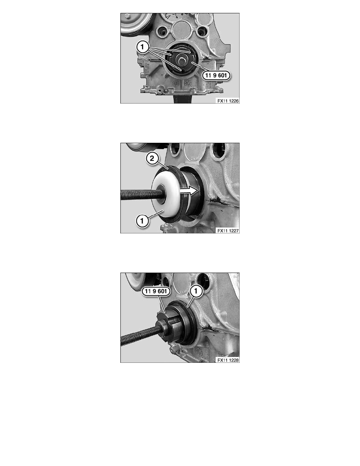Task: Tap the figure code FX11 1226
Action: (228, 101)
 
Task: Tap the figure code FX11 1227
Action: (228, 231)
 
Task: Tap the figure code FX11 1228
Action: (228, 360)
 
